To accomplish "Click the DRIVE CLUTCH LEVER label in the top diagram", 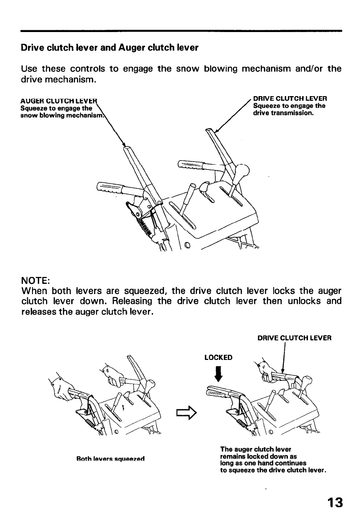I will (290, 98).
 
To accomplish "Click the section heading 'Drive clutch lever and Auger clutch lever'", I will (109, 48).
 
